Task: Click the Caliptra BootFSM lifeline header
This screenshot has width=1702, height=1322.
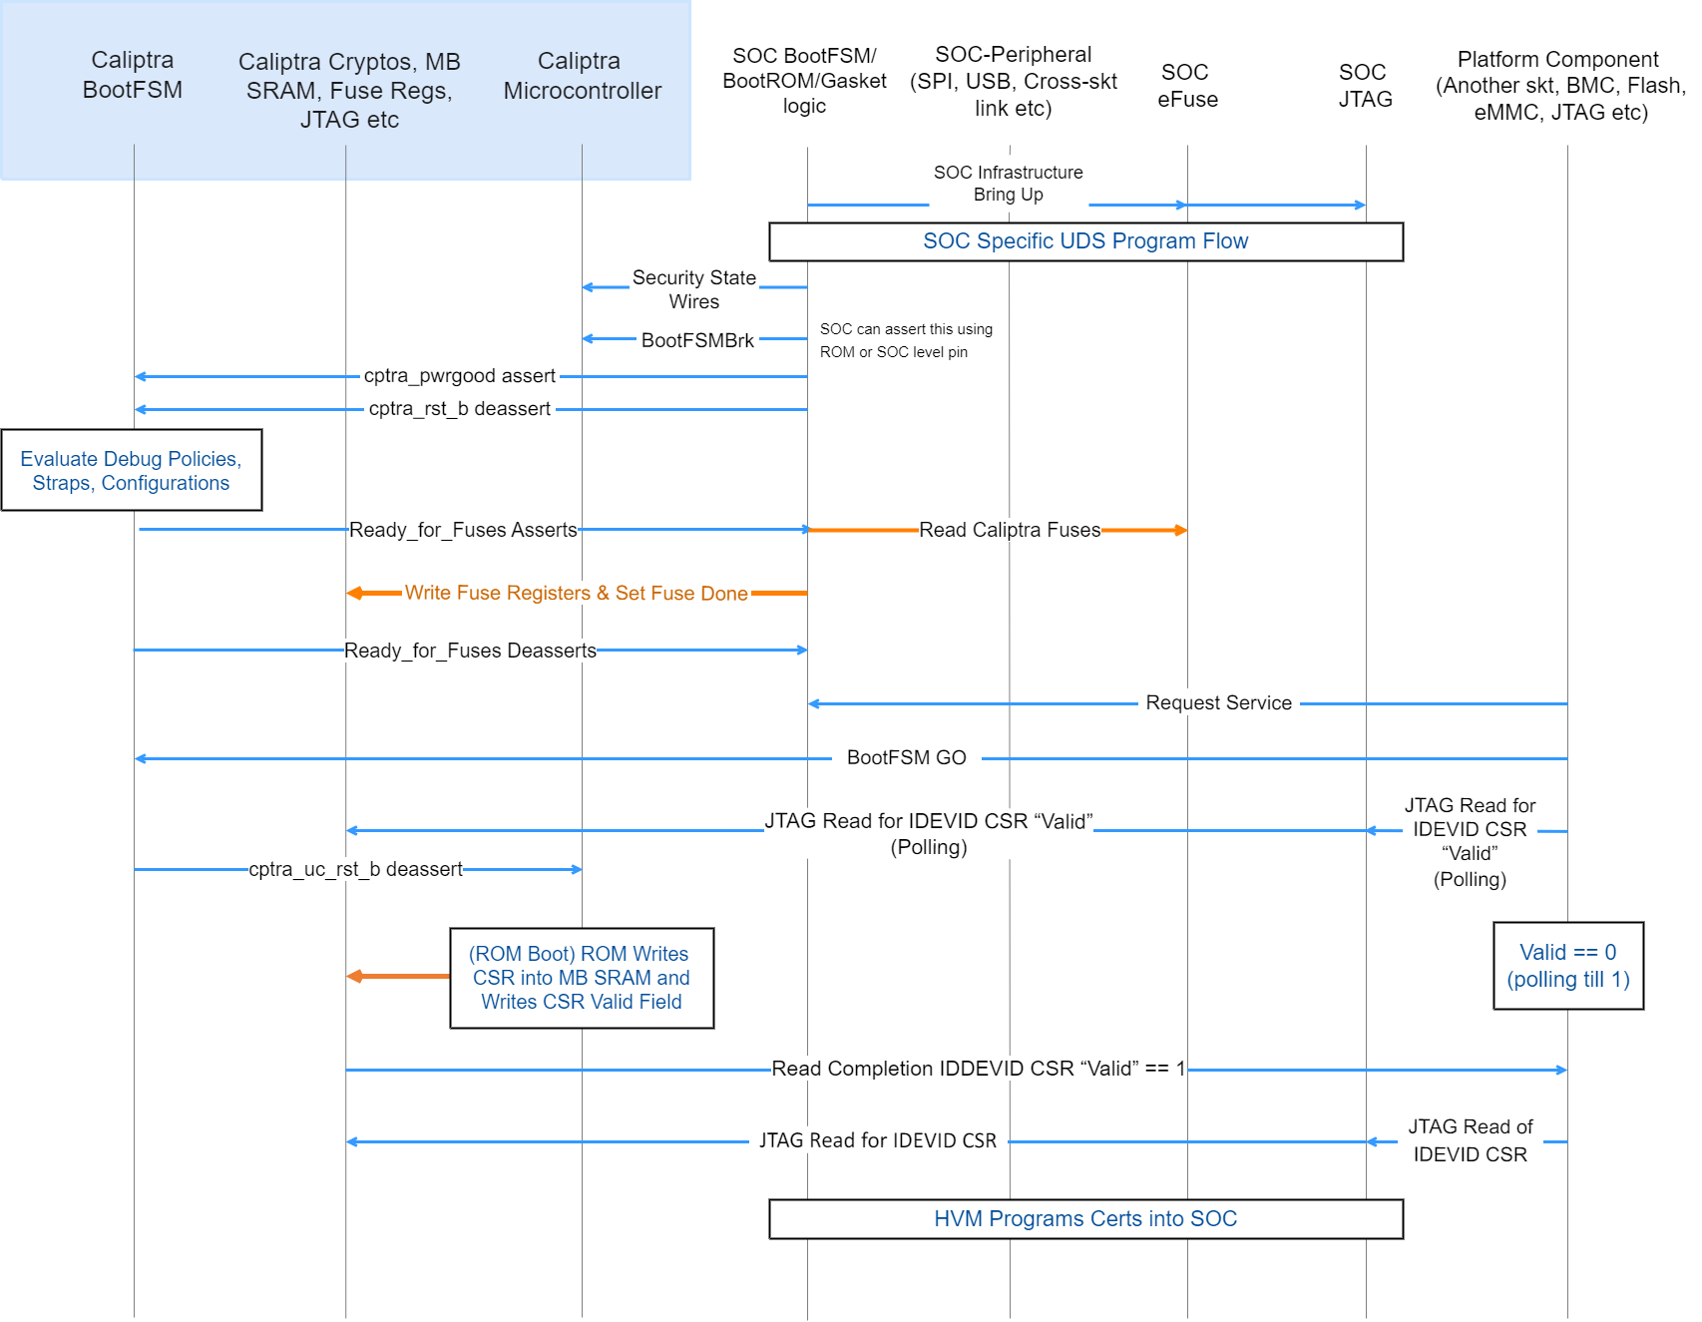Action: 133,75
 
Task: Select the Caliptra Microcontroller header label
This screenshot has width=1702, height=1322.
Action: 582,76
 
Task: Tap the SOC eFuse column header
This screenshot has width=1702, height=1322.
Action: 1186,86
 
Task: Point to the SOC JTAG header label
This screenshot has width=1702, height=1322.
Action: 1364,86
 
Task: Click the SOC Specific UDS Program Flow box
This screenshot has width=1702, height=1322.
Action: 1085,241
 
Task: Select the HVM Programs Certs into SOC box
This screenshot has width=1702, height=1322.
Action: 1085,1219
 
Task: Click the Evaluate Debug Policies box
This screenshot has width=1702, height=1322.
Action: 131,471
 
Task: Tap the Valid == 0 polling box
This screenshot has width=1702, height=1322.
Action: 1567,966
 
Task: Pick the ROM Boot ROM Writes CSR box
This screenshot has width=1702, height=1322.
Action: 582,978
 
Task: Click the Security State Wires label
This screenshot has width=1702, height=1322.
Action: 693,289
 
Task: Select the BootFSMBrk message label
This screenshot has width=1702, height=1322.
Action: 697,340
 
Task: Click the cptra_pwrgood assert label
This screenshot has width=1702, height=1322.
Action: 459,376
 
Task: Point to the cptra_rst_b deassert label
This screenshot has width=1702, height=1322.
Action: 459,409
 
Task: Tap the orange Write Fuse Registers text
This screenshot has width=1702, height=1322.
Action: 576,593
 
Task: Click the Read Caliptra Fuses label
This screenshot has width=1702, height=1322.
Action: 1009,530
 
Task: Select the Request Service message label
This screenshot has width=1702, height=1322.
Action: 1218,703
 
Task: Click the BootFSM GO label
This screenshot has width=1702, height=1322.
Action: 906,758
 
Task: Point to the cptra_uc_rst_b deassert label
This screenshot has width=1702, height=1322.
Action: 355,869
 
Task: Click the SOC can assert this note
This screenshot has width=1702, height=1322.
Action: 905,340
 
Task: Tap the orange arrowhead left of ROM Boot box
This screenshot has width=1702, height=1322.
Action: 355,976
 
